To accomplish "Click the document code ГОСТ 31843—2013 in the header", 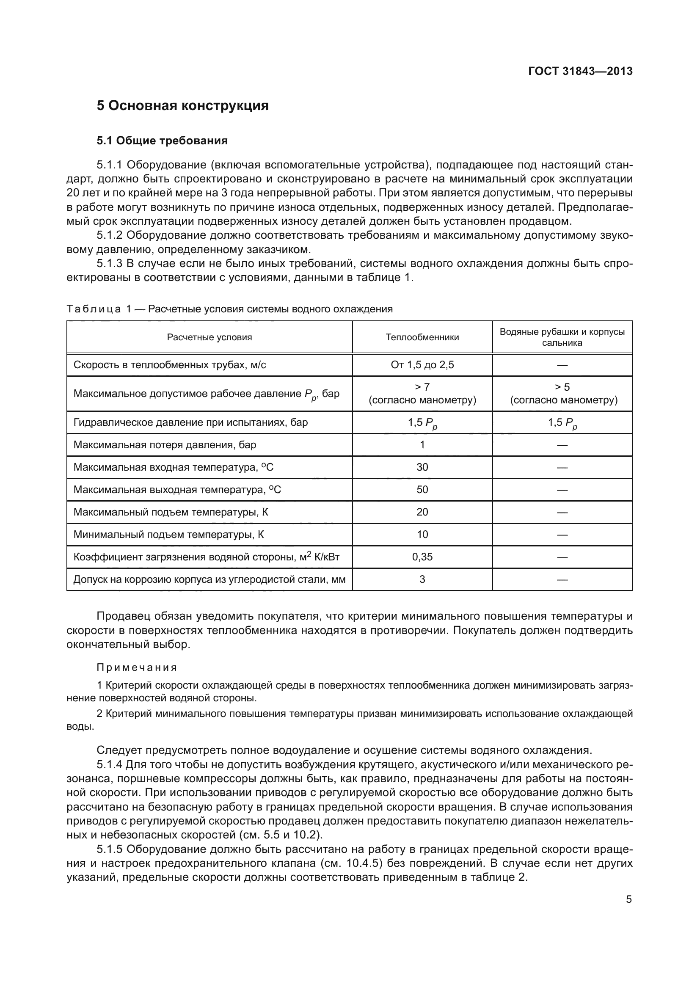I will tap(580, 72).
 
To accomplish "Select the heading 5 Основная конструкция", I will tap(182, 106).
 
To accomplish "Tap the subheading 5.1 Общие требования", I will tap(162, 141).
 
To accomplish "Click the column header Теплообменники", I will tap(422, 338).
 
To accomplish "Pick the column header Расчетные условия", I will tap(209, 338).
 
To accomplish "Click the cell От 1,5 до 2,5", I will tap(422, 365).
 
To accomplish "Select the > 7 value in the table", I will tap(422, 387).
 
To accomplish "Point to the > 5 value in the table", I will tap(562, 387).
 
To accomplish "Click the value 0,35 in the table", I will tap(422, 557).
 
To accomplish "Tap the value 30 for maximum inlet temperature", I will tap(422, 467).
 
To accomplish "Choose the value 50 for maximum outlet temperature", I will tap(422, 490).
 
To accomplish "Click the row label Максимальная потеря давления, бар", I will tap(165, 445).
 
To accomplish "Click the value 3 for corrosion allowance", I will tap(422, 579).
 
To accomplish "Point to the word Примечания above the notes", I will tap(137, 668).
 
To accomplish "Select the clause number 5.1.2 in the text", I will tap(110, 236).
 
